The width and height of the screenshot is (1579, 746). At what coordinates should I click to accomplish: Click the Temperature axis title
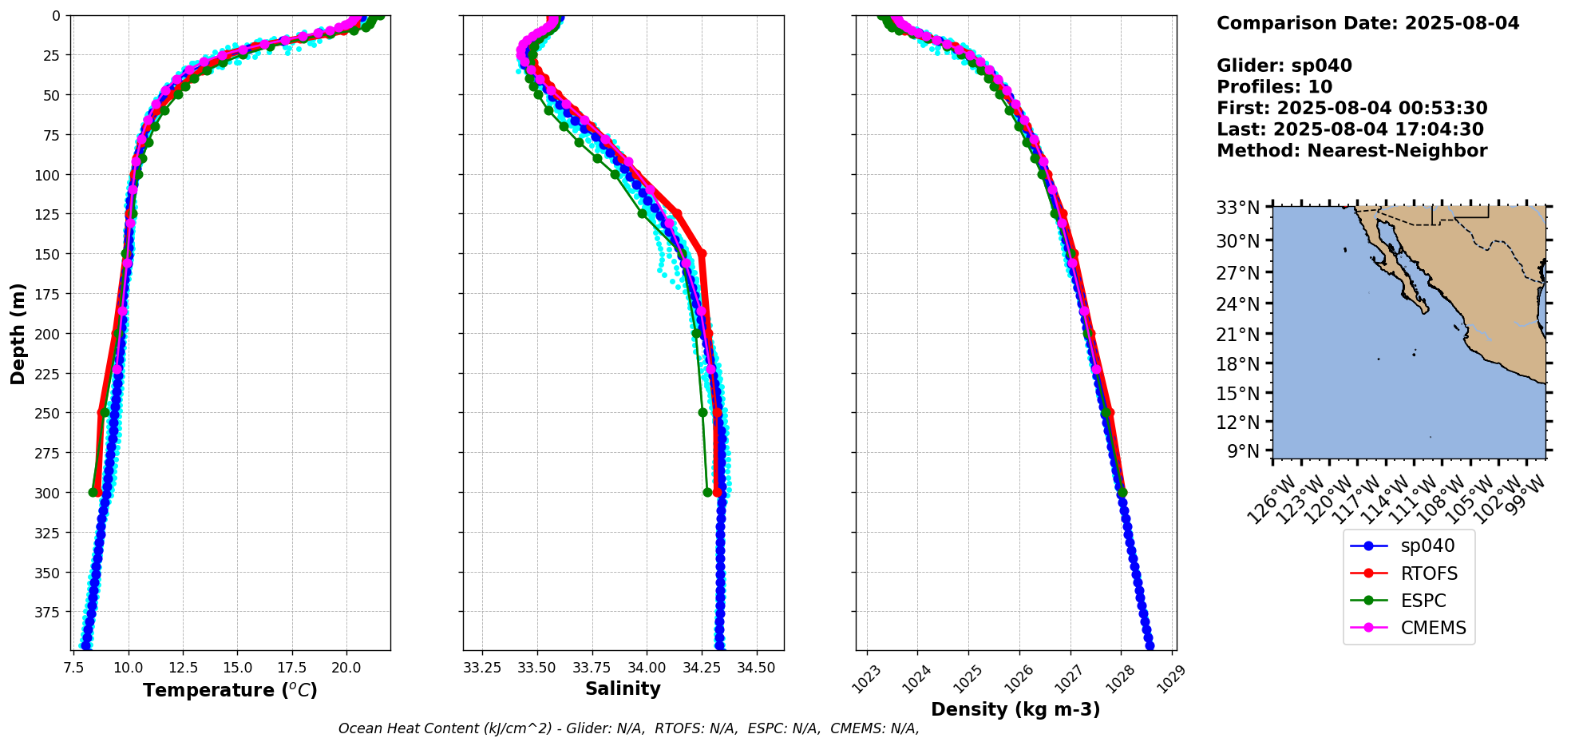click(230, 690)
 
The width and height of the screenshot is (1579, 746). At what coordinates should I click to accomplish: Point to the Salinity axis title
click(623, 688)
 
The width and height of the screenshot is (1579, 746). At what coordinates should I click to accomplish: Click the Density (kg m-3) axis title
click(1015, 709)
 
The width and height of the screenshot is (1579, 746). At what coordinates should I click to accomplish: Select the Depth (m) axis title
click(18, 333)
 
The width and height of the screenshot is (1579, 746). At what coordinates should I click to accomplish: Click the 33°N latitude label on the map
click(1237, 208)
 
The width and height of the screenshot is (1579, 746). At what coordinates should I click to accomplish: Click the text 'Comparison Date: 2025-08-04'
click(1367, 23)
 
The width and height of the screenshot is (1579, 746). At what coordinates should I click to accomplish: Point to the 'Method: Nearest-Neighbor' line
click(1351, 151)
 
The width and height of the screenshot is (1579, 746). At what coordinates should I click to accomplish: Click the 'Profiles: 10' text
click(1274, 87)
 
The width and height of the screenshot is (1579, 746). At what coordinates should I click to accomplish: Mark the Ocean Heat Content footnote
click(628, 728)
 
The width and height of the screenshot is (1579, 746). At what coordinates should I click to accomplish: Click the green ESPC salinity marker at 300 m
click(707, 492)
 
